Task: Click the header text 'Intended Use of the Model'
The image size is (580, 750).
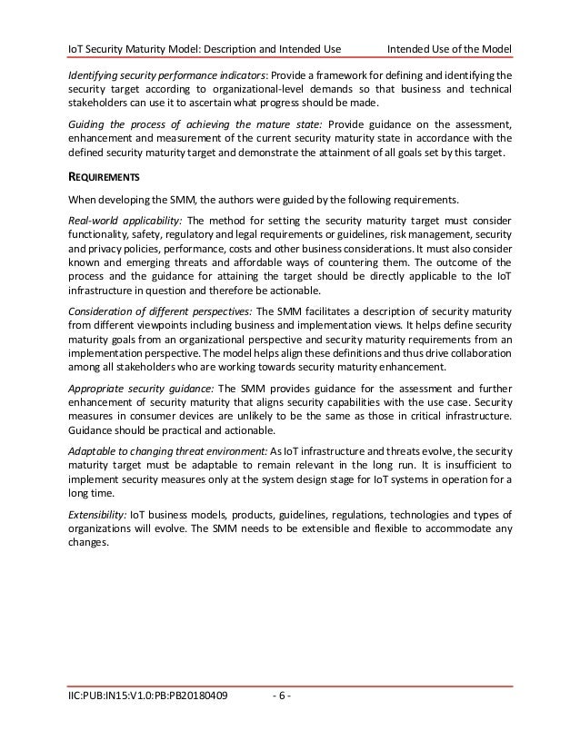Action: [449, 47]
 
